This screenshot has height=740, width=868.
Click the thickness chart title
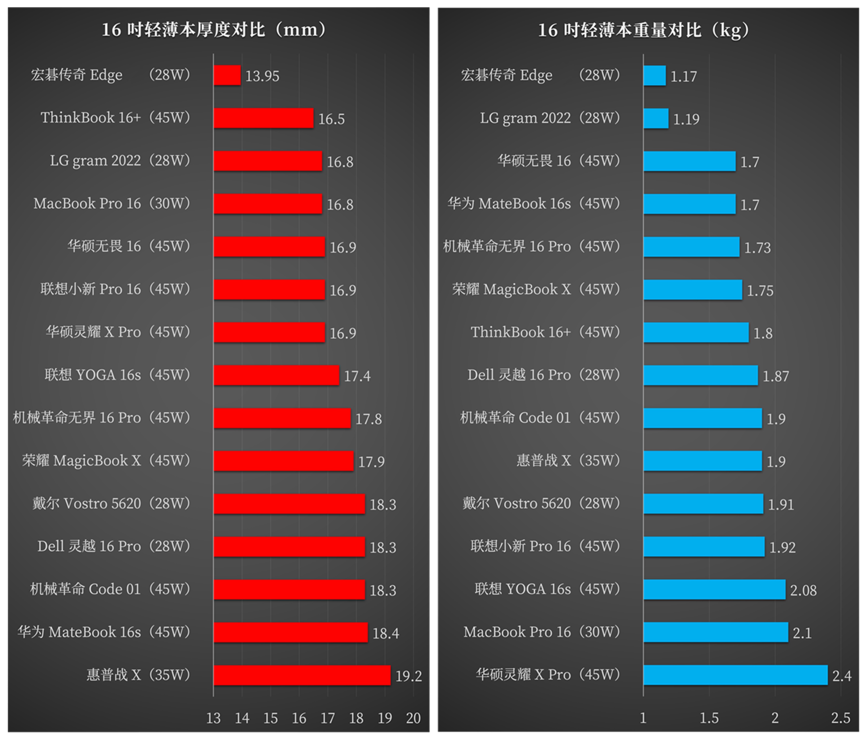[x=214, y=30]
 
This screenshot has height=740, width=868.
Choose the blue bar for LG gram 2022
[x=656, y=119]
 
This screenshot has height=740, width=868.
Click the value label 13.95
[x=262, y=76]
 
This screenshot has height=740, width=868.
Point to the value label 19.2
[x=408, y=676]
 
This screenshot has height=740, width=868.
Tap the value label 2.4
[x=842, y=676]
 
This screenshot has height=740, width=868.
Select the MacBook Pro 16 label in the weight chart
[x=541, y=632]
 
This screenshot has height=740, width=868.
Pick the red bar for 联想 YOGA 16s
[x=276, y=375]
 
